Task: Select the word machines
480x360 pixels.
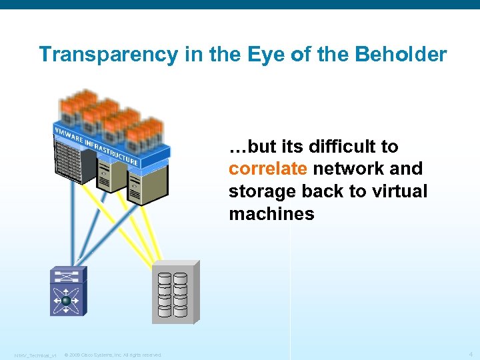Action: tap(271, 214)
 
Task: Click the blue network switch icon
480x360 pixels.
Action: tap(67, 291)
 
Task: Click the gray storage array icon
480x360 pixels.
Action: tap(175, 293)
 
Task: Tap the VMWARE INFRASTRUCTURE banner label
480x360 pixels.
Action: tap(96, 143)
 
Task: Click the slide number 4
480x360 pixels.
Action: tap(471, 354)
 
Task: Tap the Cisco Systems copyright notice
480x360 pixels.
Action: tap(113, 355)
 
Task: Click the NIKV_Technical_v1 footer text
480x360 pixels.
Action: tap(35, 355)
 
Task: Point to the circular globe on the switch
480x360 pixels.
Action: tap(67, 301)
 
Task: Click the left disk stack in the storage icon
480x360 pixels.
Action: tap(165, 293)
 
